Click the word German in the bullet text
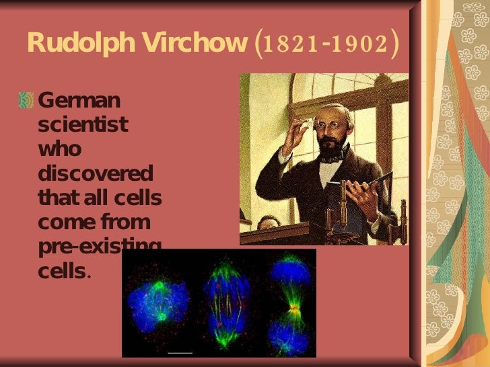click(x=79, y=101)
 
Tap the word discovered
click(x=96, y=173)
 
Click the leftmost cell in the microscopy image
click(x=159, y=302)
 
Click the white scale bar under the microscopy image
click(x=180, y=352)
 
